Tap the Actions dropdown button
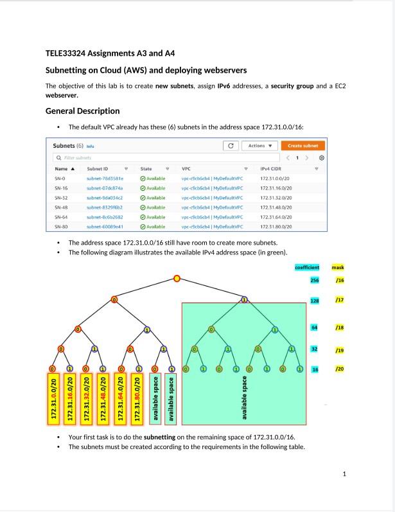(x=260, y=146)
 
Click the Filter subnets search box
(x=128, y=157)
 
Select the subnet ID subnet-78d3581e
(x=105, y=178)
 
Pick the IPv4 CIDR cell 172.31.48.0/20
(x=276, y=207)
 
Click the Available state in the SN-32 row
(x=155, y=198)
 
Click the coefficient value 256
(x=315, y=280)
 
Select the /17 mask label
(x=338, y=301)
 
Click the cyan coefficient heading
(x=307, y=267)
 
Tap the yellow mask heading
(x=338, y=267)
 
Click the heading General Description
(x=82, y=110)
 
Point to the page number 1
(x=345, y=474)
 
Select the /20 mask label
(x=338, y=369)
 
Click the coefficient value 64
(x=315, y=328)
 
